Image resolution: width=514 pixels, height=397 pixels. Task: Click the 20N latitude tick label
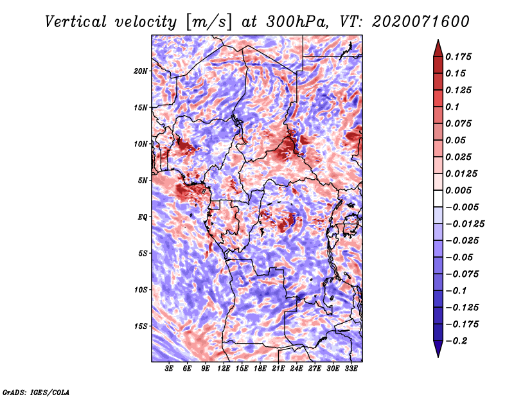(141, 71)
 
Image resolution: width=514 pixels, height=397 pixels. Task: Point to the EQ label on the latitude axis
(142, 217)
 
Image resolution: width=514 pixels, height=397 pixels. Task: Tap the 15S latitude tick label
(141, 326)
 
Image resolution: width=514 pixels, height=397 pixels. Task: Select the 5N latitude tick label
(143, 181)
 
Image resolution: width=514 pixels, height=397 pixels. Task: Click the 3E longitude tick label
(169, 369)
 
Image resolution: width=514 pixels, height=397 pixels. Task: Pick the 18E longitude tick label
(260, 369)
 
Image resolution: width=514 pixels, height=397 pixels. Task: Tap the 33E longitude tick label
(351, 369)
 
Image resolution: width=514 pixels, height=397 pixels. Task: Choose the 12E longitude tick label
(224, 369)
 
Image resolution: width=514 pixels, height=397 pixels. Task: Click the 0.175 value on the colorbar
(458, 57)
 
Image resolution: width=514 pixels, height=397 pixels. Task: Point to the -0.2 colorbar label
(456, 341)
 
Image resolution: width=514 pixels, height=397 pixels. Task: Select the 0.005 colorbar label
(458, 190)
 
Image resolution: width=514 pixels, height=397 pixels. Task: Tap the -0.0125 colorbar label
(465, 224)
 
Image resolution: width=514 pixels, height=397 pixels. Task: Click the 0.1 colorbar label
(452, 107)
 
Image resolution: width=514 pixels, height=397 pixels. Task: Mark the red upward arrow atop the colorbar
(438, 48)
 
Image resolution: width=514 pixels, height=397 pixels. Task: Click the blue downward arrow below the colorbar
(438, 349)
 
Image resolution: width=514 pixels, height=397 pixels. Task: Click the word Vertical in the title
(76, 22)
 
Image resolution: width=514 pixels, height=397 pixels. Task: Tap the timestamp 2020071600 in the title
(421, 22)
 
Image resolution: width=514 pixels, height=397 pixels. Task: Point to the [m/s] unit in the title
(209, 22)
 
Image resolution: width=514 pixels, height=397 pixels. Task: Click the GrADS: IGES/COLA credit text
(36, 392)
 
